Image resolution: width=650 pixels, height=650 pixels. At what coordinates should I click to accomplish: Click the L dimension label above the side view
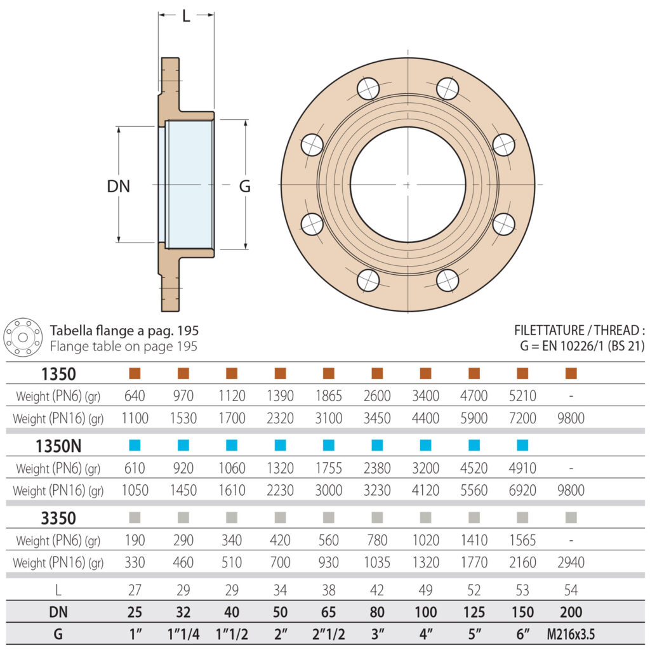pos(186,17)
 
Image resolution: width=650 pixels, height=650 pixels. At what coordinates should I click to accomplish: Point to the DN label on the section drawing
pos(118,186)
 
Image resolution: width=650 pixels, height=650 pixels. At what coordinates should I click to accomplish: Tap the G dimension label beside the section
pos(244,186)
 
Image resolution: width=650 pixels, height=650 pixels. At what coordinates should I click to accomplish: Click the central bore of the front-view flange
pos(408,185)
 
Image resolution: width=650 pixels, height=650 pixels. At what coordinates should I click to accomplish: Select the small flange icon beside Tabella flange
pos(23,338)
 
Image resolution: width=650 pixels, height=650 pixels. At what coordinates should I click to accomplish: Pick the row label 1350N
pos(58,446)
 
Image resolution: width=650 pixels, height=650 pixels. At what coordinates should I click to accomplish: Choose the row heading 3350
pos(58,519)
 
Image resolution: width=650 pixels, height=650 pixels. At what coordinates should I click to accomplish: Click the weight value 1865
pos(329,396)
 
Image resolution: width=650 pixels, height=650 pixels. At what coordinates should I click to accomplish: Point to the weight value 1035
pos(377,562)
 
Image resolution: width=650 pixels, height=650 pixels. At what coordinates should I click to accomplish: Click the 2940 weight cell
pos(571,562)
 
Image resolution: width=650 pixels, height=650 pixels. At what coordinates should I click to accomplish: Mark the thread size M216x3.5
pos(571,634)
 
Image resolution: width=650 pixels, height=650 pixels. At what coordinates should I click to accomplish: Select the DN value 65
pos(329,613)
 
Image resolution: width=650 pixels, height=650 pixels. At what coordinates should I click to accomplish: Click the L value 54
pos(571,590)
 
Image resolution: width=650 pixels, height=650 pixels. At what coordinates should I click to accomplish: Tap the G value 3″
pos(377,634)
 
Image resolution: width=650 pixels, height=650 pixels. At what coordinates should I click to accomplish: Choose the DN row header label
pos(58,613)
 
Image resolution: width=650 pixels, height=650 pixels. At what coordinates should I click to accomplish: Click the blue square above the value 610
pos(135,445)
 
